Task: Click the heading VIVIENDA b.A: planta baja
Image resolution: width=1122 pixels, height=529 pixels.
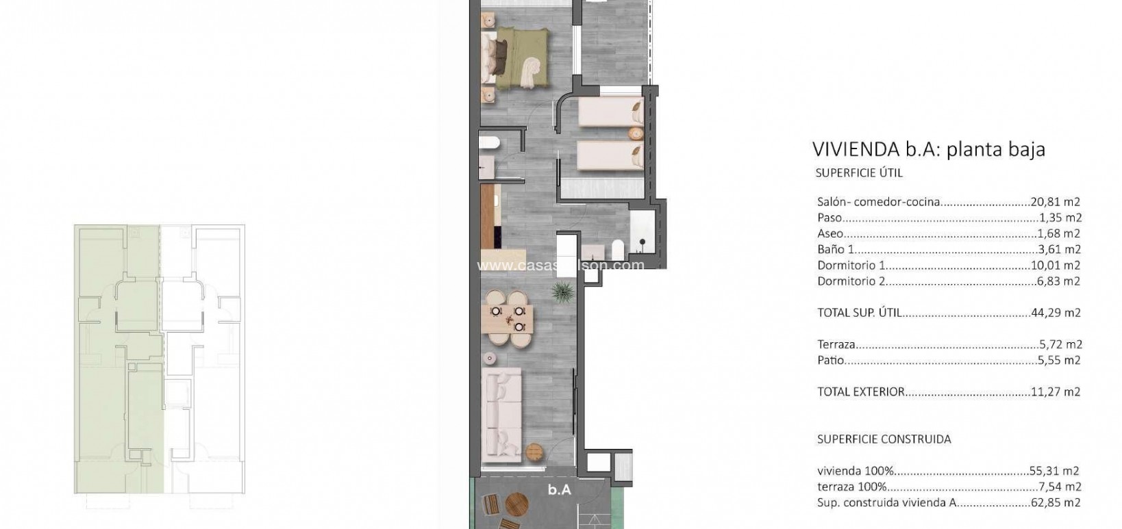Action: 928,149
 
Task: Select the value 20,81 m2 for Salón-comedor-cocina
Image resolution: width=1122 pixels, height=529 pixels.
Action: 1056,202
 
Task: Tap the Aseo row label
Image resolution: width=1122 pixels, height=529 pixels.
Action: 830,233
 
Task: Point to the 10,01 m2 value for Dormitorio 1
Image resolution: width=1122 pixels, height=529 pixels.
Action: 1056,265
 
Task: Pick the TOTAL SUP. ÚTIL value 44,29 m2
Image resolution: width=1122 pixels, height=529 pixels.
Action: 1056,313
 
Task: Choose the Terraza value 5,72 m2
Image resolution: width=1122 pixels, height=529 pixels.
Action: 1058,344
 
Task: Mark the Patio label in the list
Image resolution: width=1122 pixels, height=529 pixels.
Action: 831,360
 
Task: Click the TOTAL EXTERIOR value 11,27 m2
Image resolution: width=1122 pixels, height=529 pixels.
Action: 1056,392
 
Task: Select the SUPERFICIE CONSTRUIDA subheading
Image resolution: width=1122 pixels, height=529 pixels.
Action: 884,439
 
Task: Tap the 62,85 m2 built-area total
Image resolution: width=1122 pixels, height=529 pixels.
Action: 1056,502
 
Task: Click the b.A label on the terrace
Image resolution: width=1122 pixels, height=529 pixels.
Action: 559,490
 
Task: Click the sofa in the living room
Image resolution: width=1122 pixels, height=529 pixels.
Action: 502,415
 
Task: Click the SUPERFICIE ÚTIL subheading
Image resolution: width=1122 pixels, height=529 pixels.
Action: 859,173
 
